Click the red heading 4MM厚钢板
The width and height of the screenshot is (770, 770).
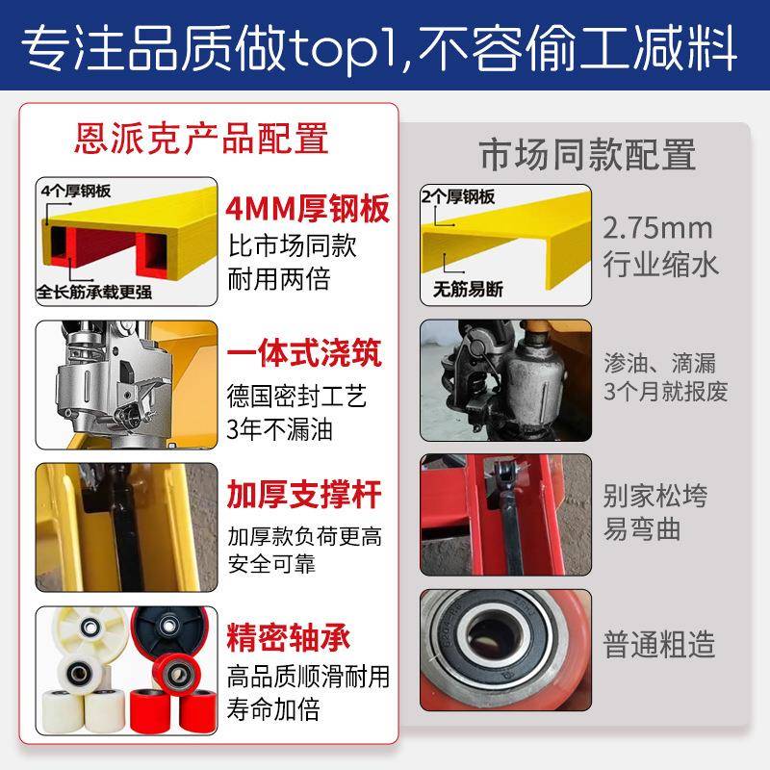(308, 210)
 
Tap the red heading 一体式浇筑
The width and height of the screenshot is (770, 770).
(304, 353)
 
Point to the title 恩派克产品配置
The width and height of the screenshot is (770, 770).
(201, 140)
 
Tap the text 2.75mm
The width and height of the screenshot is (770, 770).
(657, 229)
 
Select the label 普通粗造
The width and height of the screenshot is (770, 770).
(659, 644)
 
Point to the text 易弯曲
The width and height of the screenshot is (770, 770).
(640, 528)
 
